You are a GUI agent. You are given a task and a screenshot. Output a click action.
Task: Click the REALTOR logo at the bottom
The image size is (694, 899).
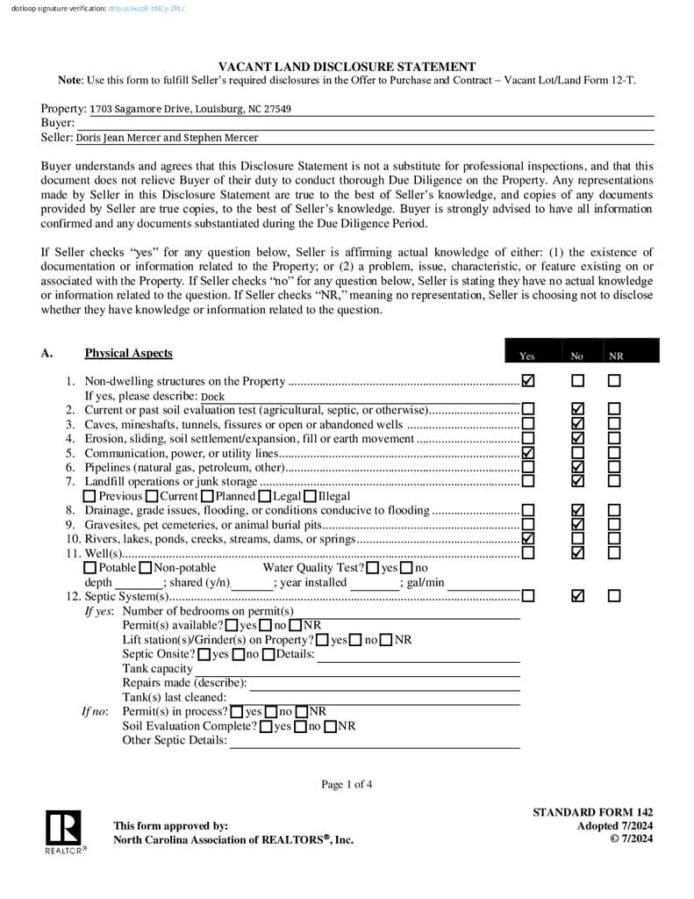[x=63, y=831]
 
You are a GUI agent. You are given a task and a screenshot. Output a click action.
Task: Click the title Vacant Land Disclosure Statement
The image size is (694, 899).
[x=347, y=67]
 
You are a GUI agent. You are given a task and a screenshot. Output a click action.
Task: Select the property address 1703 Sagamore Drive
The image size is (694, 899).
[x=190, y=110]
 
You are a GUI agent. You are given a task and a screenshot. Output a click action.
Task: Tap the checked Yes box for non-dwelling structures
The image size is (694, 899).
[x=528, y=381]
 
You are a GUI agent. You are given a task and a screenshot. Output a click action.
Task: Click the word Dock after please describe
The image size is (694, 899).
[x=212, y=397]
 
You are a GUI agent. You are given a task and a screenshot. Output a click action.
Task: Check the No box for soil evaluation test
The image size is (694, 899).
[x=577, y=410]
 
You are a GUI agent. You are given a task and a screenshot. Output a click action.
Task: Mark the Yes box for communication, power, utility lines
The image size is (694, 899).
[x=528, y=452]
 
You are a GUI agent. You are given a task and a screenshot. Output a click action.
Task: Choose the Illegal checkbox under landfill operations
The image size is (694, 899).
[x=310, y=496]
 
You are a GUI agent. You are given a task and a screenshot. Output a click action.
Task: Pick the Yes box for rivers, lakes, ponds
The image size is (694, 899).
[x=528, y=538]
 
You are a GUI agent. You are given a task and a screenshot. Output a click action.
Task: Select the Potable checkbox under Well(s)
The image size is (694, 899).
[x=90, y=568]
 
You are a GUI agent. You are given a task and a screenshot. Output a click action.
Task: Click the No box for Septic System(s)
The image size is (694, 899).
[x=577, y=596]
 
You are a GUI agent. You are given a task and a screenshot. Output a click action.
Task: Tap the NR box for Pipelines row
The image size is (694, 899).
[x=614, y=467]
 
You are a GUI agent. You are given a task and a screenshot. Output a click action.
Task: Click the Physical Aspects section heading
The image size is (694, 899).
[x=128, y=354]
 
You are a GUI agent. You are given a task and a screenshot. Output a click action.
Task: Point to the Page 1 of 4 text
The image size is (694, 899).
[x=347, y=784]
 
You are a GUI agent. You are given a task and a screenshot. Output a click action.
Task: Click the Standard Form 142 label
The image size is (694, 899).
[x=592, y=812]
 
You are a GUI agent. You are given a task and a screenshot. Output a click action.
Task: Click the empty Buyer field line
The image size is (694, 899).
[x=366, y=124]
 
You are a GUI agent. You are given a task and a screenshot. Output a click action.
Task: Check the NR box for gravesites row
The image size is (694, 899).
[x=614, y=524]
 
